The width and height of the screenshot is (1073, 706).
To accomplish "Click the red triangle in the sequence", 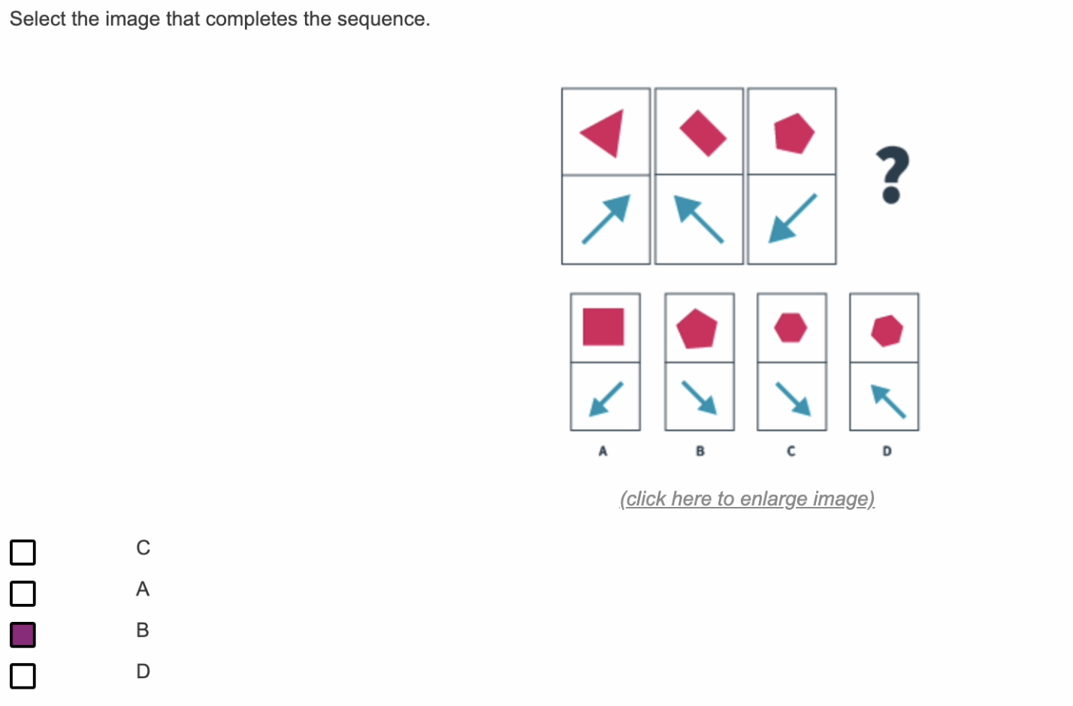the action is (x=605, y=133).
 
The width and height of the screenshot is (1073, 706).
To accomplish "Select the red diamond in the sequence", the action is (x=702, y=133).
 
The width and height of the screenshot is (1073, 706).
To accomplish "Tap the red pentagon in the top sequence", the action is (x=793, y=133).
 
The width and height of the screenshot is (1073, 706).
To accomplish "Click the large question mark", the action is (x=892, y=175).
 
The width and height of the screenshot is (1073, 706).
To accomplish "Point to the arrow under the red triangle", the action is (x=606, y=219).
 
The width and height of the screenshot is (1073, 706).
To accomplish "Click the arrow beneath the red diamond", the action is (x=699, y=219).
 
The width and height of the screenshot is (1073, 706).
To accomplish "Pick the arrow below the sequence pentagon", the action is (x=792, y=219).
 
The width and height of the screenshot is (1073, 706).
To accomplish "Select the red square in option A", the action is (x=603, y=327).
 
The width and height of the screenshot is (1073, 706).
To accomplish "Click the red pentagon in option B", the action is (x=697, y=329).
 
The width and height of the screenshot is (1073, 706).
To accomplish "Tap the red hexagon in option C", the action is (x=790, y=327).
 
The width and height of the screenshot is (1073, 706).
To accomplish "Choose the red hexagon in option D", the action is (x=887, y=330).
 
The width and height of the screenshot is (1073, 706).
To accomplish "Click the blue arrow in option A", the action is (x=606, y=398).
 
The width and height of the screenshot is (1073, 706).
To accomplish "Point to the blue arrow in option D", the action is (x=887, y=400).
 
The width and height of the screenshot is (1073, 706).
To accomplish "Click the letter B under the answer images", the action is (x=700, y=451).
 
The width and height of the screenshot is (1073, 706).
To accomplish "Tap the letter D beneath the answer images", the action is (x=887, y=451).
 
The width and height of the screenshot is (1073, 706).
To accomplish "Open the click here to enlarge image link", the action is (x=747, y=499).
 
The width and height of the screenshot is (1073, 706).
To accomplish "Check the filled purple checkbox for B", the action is (x=23, y=635).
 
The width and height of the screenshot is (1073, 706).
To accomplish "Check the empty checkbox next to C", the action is (x=23, y=552).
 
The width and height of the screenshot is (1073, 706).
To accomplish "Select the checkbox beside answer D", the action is (x=23, y=676).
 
